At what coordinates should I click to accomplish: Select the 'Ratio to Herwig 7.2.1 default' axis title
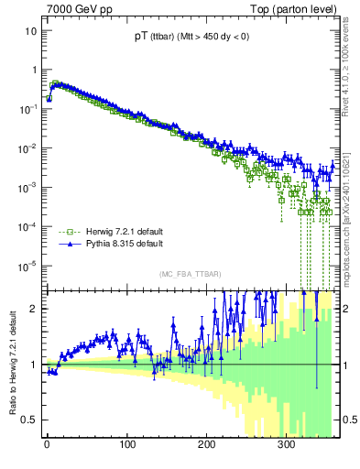11,364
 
